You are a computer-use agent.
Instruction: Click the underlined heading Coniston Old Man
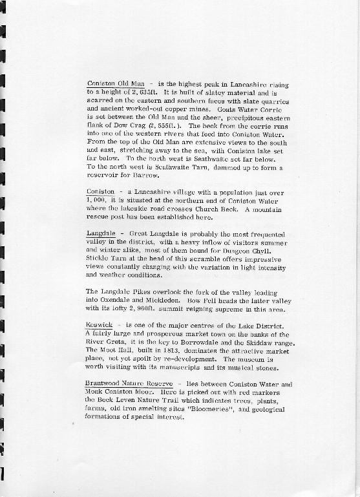pos(114,84)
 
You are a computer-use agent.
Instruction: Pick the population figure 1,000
pos(96,200)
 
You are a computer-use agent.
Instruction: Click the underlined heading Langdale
pos(100,233)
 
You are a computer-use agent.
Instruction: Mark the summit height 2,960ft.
pos(132,309)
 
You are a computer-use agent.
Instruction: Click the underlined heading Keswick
pos(98,325)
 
